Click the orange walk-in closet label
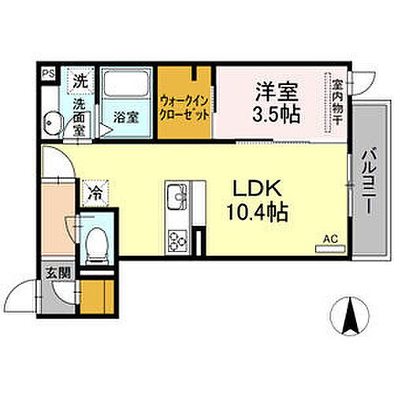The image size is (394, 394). pos(184,107)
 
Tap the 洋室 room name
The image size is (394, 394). pos(270,91)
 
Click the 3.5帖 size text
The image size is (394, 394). pos(276,113)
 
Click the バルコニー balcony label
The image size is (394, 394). pos(367,180)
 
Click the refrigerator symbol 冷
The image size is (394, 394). pos(93,191)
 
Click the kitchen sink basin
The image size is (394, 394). pos(174,195)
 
